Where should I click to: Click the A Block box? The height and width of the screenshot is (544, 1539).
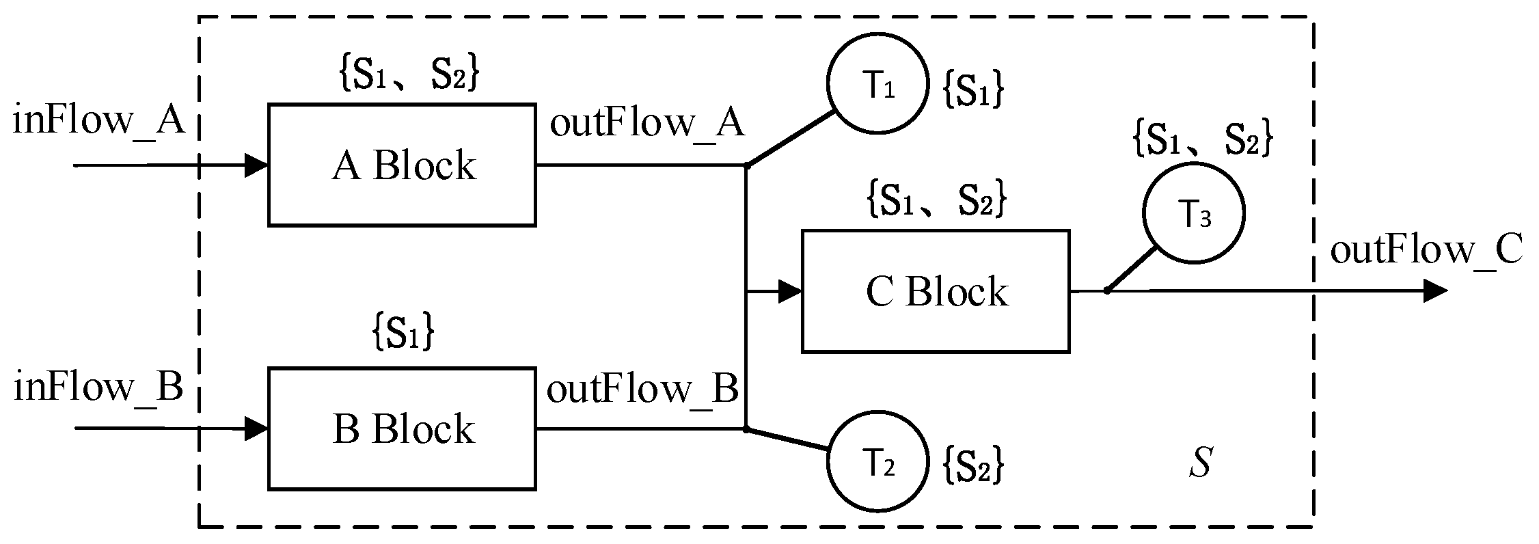tap(402, 165)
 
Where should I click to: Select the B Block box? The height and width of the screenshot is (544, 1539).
tap(402, 429)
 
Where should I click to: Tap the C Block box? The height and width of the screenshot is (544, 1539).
tap(935, 292)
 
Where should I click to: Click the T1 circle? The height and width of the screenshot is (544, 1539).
tap(878, 83)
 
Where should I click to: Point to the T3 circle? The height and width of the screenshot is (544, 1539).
tap(1194, 213)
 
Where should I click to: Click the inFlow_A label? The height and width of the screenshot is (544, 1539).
tap(99, 122)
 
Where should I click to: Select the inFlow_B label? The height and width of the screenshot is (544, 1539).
tap(98, 387)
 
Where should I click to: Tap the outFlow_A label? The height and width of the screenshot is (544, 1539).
tap(646, 124)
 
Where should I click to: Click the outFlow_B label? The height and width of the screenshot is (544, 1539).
tap(642, 390)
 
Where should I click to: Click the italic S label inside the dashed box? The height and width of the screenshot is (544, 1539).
tap(1200, 463)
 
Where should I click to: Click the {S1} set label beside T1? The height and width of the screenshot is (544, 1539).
tap(973, 90)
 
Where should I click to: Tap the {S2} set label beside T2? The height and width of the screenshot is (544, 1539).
tap(973, 466)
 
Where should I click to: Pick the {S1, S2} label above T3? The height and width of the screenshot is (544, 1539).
tap(1202, 139)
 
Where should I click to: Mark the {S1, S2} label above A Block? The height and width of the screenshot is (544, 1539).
tap(409, 74)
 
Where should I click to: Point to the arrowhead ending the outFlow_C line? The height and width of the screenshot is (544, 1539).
tap(1435, 292)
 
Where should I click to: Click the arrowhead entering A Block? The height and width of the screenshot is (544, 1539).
tap(256, 165)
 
